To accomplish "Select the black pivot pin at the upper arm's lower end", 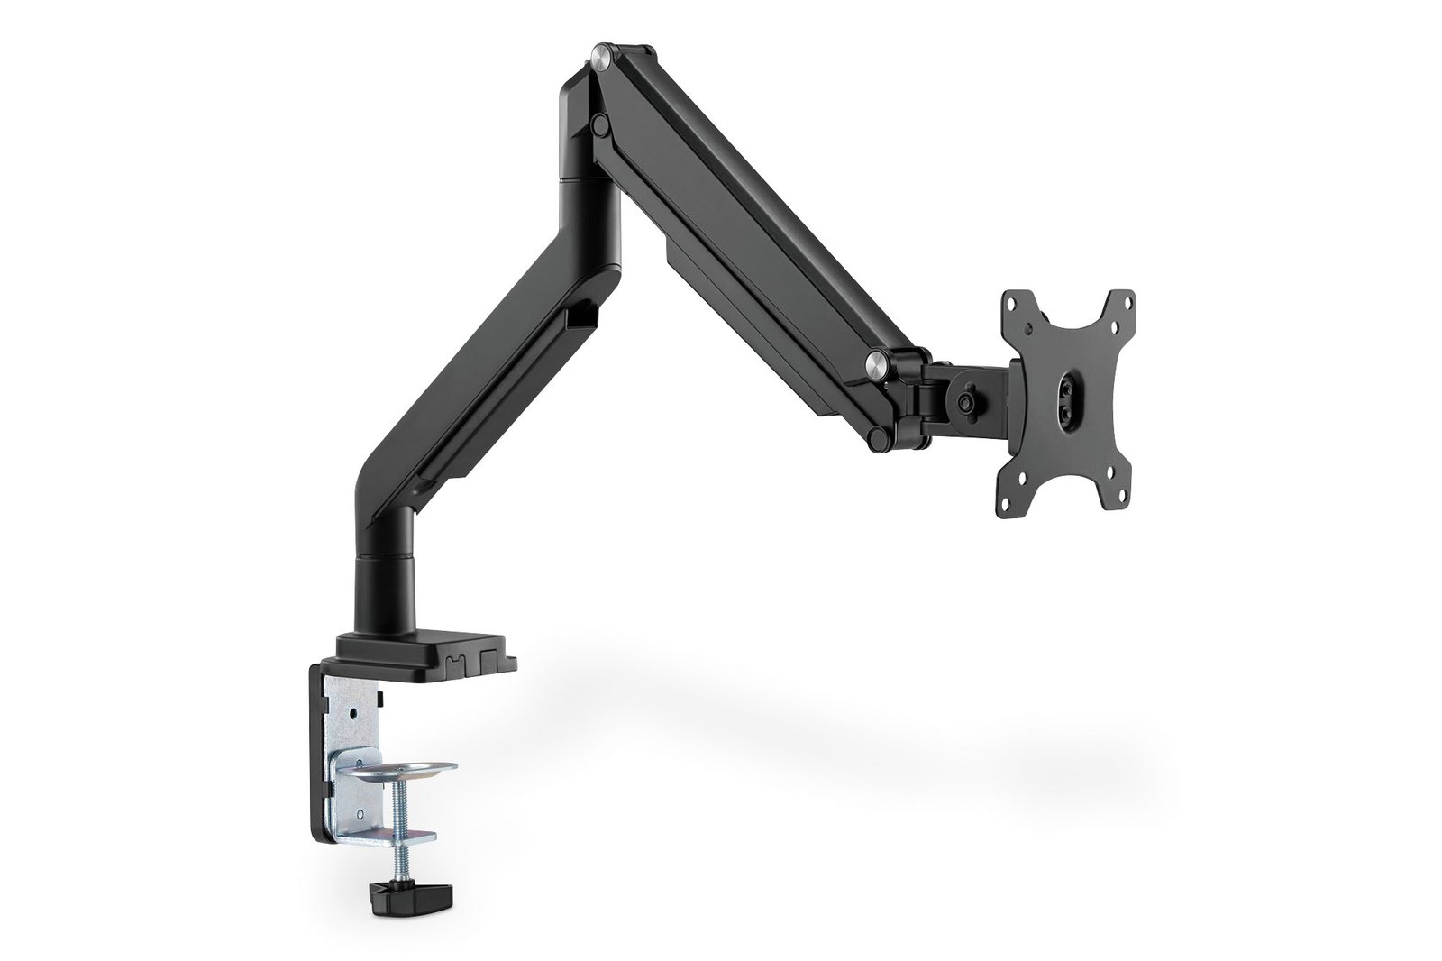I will pyautogui.click(x=874, y=438).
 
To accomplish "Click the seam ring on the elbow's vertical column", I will pyautogui.click(x=591, y=179).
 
